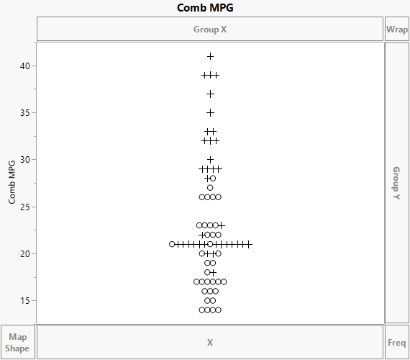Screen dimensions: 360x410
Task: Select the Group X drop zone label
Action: click(210, 30)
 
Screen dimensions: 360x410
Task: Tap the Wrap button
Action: click(397, 30)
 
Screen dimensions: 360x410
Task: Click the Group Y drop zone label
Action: click(396, 183)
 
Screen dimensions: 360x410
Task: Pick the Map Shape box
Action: click(17, 342)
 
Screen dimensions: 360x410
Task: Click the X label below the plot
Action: click(210, 342)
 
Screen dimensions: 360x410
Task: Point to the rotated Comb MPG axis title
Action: click(12, 183)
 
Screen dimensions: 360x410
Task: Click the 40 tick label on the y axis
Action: click(25, 66)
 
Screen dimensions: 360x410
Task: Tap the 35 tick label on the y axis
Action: click(25, 112)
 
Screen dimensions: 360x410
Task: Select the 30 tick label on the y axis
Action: click(25, 159)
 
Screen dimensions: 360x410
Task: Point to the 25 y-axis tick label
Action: click(25, 207)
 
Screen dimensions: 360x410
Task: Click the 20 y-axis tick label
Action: click(25, 253)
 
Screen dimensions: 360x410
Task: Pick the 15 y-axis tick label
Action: click(25, 300)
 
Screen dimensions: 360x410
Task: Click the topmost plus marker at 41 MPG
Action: click(210, 56)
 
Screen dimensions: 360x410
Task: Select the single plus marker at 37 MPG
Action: click(210, 94)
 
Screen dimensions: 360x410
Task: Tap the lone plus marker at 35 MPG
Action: click(210, 112)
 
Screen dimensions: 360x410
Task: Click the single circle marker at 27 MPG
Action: click(210, 188)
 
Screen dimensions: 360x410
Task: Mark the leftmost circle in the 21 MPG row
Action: click(172, 244)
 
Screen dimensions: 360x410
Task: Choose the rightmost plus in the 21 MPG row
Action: click(248, 244)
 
